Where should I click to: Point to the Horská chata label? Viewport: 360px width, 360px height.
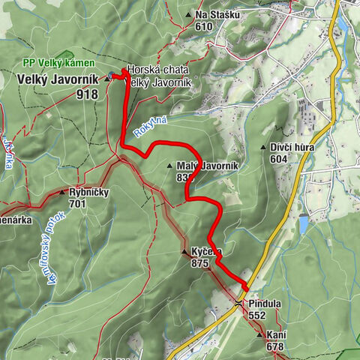click(x=157, y=70)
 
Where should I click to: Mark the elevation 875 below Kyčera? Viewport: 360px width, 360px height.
click(x=199, y=263)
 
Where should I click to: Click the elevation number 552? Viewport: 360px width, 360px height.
click(x=258, y=316)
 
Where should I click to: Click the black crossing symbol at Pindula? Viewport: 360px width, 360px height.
click(x=238, y=303)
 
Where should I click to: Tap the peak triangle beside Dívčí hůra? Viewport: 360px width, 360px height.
click(x=264, y=147)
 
